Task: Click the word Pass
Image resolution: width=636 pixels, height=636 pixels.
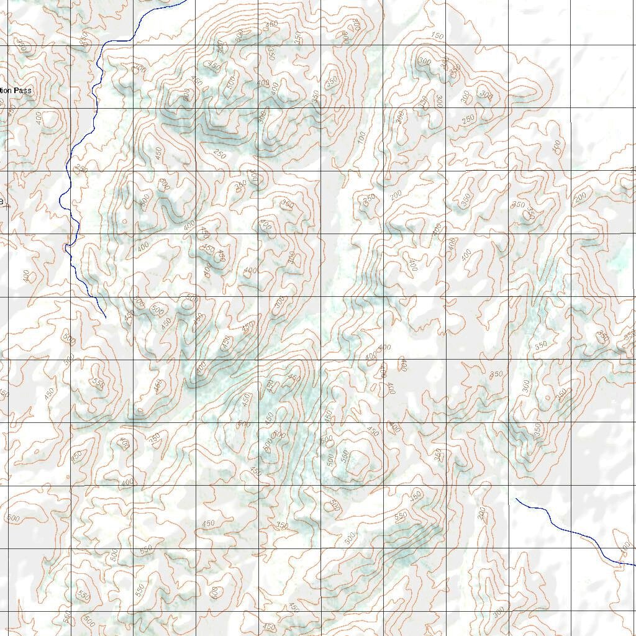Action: [x=22, y=91]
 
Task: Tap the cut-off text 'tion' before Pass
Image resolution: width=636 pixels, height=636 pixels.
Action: [x=6, y=91]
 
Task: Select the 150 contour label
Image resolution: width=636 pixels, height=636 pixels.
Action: [x=437, y=37]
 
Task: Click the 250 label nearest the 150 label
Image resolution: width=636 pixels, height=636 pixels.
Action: [x=468, y=117]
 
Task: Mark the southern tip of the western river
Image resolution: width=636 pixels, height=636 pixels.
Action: [x=106, y=317]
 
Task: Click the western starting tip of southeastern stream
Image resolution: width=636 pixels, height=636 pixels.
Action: [x=516, y=498]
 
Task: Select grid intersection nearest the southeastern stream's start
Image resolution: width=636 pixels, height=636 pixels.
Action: [x=509, y=485]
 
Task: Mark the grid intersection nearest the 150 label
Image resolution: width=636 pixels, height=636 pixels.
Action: [x=446, y=45]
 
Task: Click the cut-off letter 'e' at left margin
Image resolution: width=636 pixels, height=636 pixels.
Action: [x=2, y=201]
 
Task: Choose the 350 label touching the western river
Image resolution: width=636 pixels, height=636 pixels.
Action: [x=81, y=169]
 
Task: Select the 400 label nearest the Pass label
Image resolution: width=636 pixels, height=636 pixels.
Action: [x=42, y=118]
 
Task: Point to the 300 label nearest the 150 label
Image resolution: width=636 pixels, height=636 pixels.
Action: [x=425, y=61]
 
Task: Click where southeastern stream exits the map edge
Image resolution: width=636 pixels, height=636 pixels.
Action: [x=634, y=565]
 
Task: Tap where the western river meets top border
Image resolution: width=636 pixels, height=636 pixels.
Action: [x=186, y=1]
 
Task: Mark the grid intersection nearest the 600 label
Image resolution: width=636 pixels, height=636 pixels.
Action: [x=196, y=611]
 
